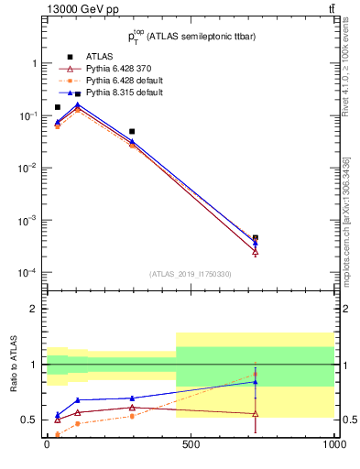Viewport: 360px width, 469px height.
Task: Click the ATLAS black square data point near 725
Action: (256, 237)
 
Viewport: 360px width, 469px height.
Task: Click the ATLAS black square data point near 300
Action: (132, 132)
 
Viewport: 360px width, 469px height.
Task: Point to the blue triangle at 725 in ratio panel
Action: (256, 382)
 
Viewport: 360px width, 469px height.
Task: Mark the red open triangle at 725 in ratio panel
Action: (256, 414)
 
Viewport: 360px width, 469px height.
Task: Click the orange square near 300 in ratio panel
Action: (132, 416)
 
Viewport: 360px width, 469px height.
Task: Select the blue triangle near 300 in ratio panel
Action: (132, 398)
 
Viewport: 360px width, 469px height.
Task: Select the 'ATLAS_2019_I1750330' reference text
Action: (191, 274)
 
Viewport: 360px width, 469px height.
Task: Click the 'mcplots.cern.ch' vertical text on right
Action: (346, 247)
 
